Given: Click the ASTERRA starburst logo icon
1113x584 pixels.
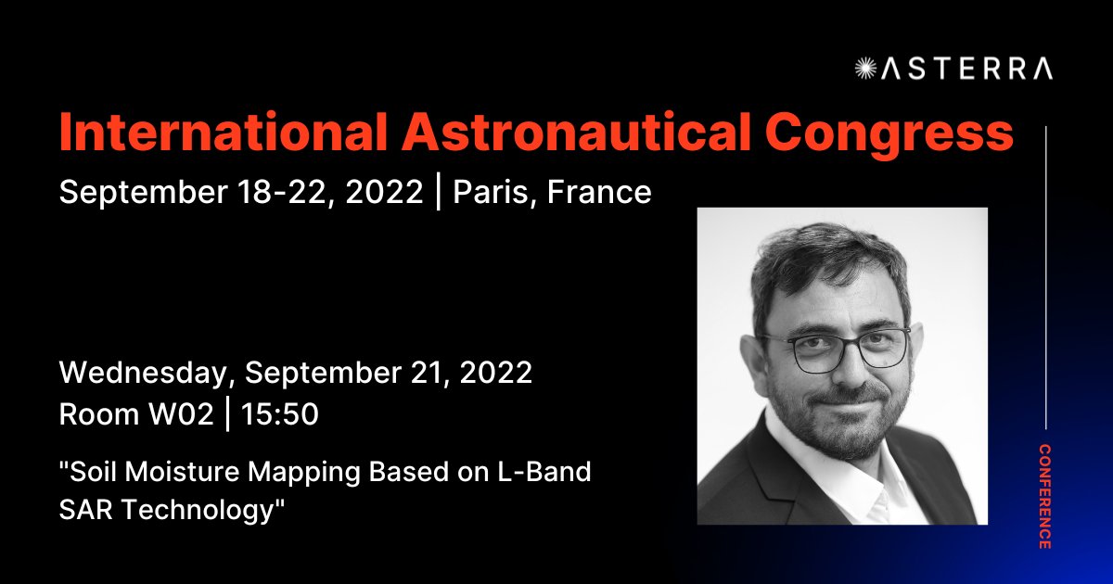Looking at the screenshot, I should click(x=865, y=68).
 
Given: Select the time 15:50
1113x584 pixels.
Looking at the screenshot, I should click(x=280, y=414).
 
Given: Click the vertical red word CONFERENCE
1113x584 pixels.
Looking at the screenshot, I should click(x=1044, y=497).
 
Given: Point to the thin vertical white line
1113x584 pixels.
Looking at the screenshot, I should click(x=1045, y=278).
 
